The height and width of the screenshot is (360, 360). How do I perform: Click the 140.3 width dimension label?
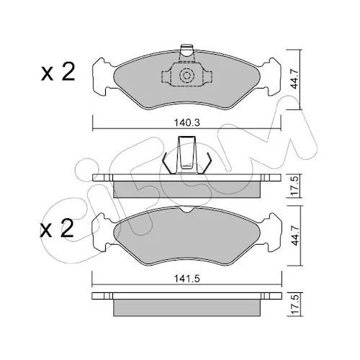point(187,123)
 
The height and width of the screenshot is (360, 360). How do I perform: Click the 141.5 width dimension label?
point(187,279)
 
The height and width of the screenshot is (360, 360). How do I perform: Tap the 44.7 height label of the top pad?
point(295,79)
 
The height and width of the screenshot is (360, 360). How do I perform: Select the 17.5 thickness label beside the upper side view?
point(295,186)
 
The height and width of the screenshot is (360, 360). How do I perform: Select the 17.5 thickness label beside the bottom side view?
point(296,305)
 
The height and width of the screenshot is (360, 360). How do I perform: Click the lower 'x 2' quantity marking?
point(57,228)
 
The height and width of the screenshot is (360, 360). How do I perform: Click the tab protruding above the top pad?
point(186,51)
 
